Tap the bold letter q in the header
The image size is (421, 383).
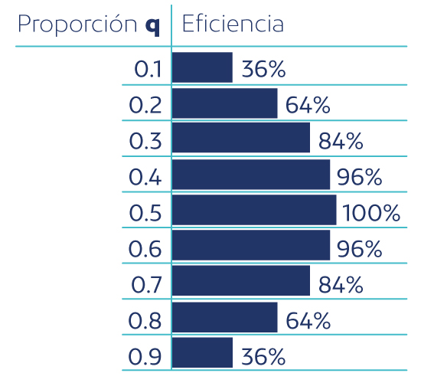point(152,26)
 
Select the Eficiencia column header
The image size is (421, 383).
point(232,25)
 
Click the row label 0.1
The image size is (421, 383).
point(147,70)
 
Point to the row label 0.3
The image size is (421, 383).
point(145,141)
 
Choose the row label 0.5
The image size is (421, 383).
point(145,212)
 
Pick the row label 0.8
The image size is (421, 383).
point(145,319)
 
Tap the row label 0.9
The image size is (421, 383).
point(145,355)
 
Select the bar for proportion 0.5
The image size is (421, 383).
point(254,210)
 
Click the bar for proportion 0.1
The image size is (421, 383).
point(202,67)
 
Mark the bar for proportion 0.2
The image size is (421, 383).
point(224,103)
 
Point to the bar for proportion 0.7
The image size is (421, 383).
point(241,281)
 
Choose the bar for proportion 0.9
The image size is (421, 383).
point(202,352)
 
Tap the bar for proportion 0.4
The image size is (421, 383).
point(251,175)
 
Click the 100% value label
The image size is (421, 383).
point(371,213)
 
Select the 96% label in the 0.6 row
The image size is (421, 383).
point(358,249)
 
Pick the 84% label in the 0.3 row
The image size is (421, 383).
point(339,141)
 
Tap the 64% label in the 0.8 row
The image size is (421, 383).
point(307,320)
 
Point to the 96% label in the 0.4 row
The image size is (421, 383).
point(358,177)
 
